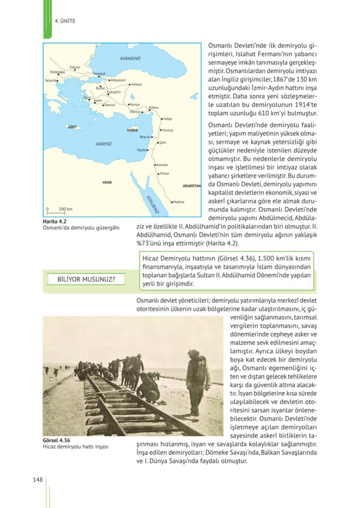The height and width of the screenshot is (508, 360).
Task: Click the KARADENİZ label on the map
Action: coord(131,59)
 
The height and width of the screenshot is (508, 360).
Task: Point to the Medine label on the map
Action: coord(178,202)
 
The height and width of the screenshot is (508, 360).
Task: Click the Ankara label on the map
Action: coord(137,84)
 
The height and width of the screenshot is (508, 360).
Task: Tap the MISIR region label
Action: coord(107,182)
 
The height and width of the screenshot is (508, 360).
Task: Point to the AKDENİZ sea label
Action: coord(104,143)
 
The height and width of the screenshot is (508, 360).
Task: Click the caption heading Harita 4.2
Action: coord(55,221)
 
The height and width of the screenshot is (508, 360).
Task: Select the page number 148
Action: coord(38,479)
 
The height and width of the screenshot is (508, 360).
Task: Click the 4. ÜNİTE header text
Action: coord(64,21)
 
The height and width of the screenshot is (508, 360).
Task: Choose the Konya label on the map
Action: coord(135,105)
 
